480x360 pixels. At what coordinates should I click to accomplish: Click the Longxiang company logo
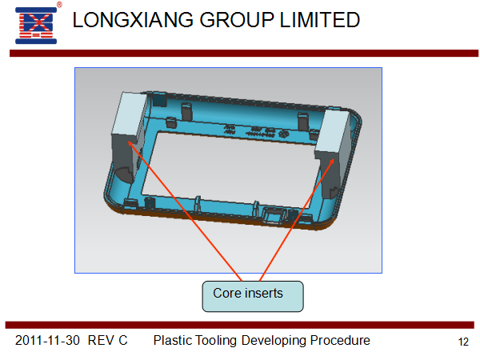[36, 26]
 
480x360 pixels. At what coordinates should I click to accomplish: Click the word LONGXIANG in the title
[133, 20]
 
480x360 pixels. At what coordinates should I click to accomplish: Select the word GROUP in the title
[236, 20]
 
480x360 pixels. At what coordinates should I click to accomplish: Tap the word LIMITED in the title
[320, 20]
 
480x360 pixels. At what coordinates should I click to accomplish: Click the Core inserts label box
[253, 296]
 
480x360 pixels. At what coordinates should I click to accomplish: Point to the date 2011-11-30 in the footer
[47, 341]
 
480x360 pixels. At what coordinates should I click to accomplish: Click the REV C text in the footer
[107, 341]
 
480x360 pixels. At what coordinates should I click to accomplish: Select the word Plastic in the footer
[172, 341]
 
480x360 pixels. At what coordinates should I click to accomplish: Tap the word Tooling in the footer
[216, 341]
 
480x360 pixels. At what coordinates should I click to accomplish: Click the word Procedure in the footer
[340, 341]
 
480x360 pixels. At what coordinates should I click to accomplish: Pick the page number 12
[463, 342]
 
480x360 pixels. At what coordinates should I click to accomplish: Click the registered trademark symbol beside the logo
[59, 4]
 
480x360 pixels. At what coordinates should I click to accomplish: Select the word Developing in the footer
[274, 341]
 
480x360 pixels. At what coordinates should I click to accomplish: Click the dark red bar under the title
[244, 54]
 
